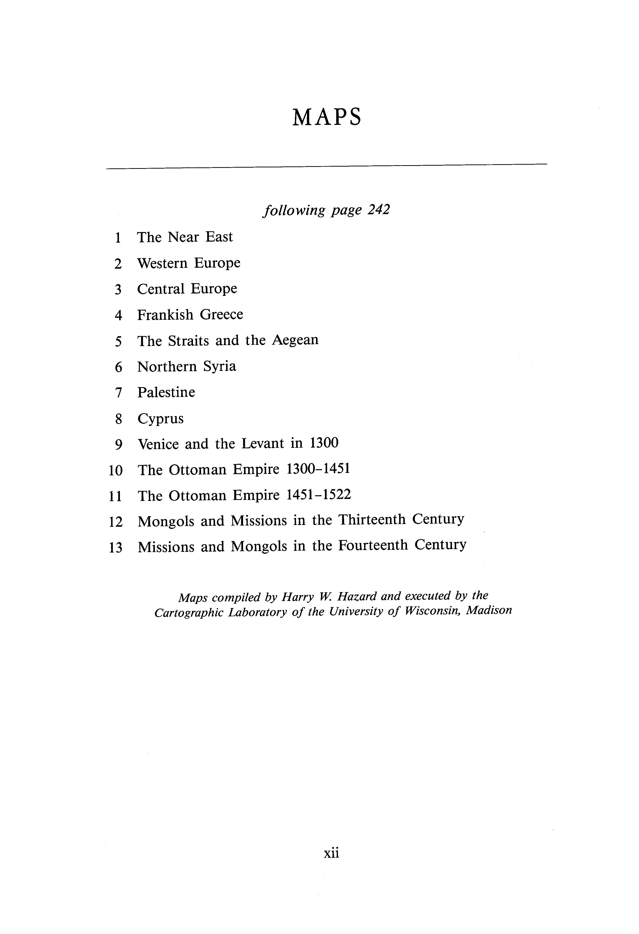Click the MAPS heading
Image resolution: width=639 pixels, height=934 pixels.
[x=326, y=118]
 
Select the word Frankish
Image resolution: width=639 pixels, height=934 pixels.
[x=165, y=314]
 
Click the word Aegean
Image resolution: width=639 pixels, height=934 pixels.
[x=295, y=340]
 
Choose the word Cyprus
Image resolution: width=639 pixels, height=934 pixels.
[x=160, y=419]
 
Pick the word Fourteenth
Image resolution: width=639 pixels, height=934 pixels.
[x=373, y=545]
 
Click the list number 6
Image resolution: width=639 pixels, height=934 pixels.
[x=118, y=367]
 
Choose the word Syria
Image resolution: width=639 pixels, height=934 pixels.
[x=219, y=366]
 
